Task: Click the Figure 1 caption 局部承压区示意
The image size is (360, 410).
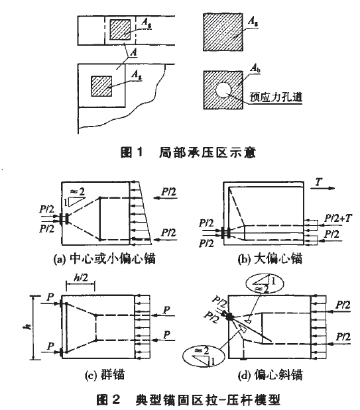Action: [207, 152]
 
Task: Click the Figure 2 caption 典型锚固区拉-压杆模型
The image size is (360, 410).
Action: [208, 400]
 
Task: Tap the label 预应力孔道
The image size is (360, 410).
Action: [276, 97]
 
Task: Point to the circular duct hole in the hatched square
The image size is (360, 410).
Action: [223, 90]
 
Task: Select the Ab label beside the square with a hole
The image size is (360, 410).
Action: [255, 68]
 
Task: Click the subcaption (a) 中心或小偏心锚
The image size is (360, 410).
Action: [104, 259]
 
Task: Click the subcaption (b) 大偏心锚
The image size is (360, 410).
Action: [270, 259]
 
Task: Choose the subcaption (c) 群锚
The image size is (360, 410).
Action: [105, 375]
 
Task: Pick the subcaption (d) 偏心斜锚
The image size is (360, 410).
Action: [270, 375]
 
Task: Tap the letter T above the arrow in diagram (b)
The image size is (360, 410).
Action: [319, 181]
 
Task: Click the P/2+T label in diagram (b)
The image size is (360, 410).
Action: [338, 219]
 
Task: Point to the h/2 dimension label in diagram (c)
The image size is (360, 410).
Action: [81, 278]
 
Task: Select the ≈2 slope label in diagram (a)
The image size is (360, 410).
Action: [78, 192]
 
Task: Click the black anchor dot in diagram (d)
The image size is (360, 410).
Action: [230, 317]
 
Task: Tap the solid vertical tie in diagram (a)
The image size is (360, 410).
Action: [99, 219]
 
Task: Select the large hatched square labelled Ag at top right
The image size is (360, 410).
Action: [223, 32]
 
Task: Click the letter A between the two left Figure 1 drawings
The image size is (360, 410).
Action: [133, 52]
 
